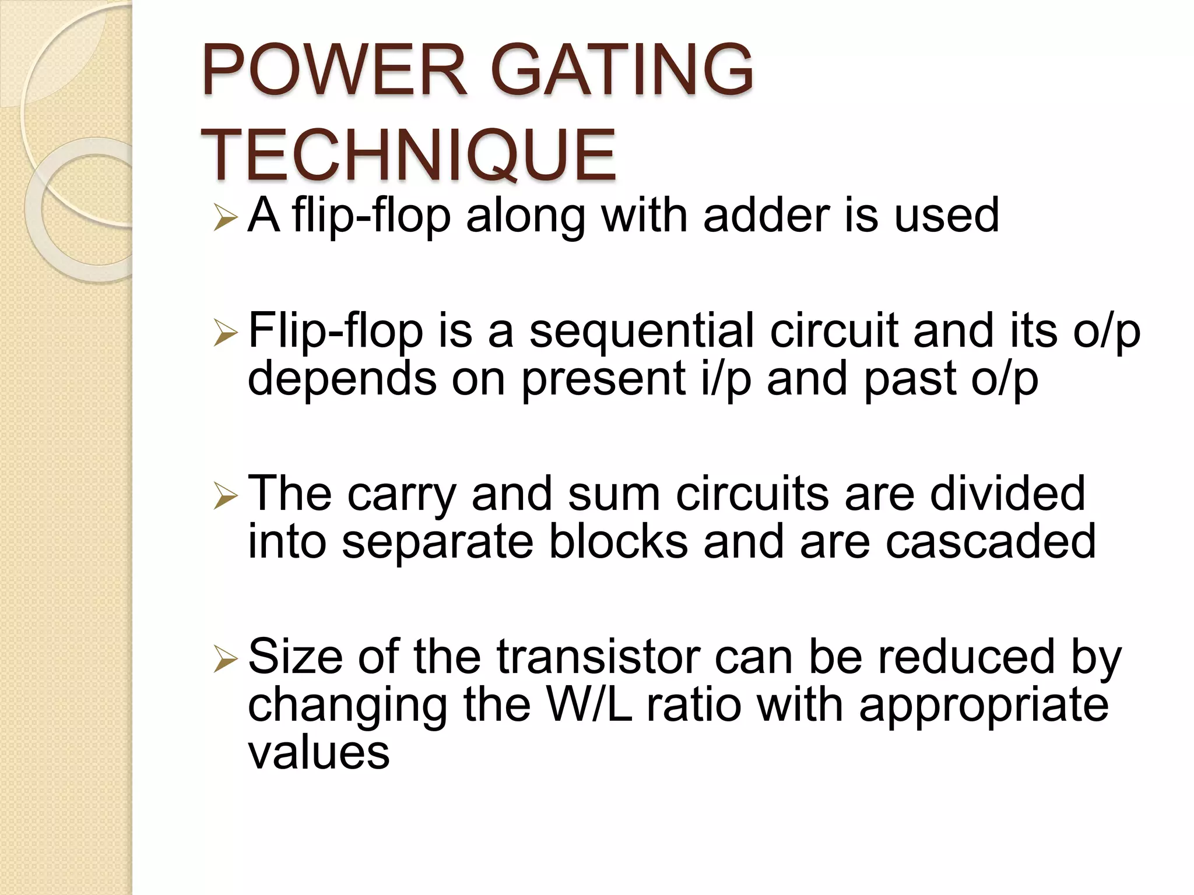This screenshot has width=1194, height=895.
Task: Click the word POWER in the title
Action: click(x=334, y=71)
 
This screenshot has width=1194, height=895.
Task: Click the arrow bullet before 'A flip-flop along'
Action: click(x=225, y=218)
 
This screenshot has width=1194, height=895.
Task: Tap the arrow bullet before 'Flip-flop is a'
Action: click(x=225, y=334)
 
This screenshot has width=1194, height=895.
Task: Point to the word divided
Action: click(x=1007, y=494)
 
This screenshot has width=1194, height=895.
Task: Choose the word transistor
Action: click(x=598, y=657)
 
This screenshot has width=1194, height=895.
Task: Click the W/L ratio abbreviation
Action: click(x=589, y=704)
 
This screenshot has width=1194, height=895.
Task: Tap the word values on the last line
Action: click(x=318, y=752)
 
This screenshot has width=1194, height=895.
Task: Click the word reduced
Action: click(x=966, y=657)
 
